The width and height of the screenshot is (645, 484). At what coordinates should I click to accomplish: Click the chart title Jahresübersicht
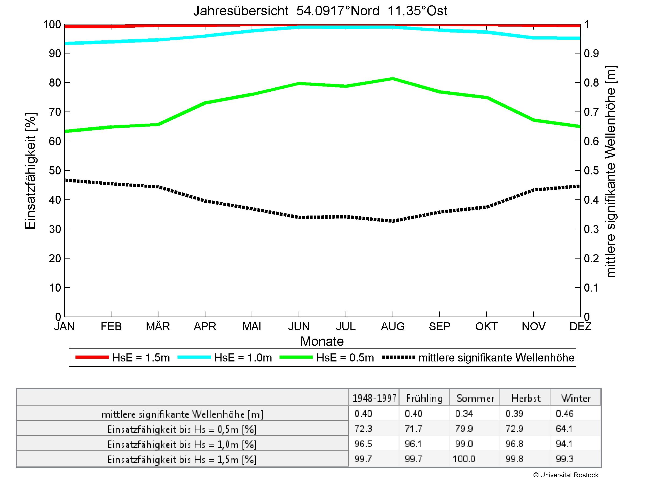pos(320,11)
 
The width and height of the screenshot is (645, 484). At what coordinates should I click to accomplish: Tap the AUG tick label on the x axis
pos(393,326)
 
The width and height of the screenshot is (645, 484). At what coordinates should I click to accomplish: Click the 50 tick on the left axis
pos(55,170)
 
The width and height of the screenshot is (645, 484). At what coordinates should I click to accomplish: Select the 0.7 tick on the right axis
pos(591,112)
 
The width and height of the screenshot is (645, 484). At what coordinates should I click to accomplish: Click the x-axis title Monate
pos(322,341)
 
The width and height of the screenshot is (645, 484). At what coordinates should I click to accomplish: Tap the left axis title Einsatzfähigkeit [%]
pos(30,171)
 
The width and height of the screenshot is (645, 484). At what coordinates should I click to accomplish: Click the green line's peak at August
pos(393,78)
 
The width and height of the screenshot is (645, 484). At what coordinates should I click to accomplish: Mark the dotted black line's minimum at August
pos(393,221)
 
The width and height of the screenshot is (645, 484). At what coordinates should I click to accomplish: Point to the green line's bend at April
pos(205,103)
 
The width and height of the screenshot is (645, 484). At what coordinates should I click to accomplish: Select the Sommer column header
pos(475,398)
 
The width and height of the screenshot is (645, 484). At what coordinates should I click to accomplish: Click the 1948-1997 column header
pos(374,398)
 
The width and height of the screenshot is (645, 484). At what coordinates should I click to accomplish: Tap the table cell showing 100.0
pos(464,459)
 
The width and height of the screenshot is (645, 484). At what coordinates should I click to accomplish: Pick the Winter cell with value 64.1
pos(564,429)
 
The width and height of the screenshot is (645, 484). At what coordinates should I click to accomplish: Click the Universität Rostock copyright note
pos(566,475)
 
